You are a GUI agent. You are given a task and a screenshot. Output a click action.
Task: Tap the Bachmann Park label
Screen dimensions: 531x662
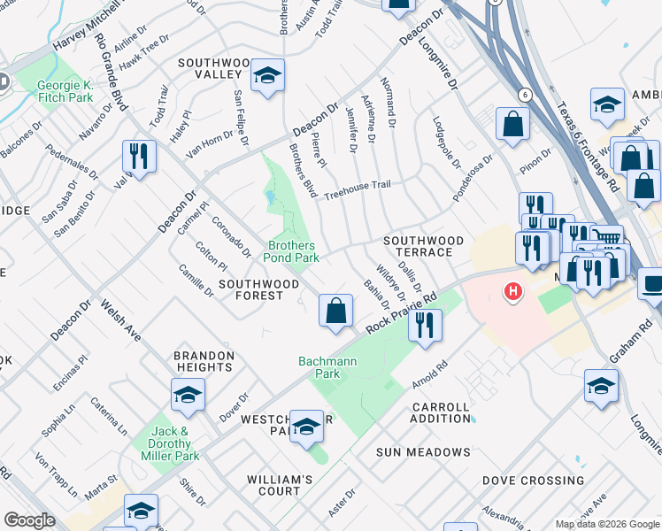click(x=319, y=367)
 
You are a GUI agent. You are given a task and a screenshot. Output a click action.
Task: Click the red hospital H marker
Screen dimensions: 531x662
click(x=512, y=291)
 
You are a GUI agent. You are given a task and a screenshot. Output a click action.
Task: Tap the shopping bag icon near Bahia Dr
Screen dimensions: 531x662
click(x=335, y=312)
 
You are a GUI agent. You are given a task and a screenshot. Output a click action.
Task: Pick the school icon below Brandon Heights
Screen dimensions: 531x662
click(x=188, y=395)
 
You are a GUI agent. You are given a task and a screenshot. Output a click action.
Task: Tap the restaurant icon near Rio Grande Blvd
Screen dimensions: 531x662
click(x=139, y=157)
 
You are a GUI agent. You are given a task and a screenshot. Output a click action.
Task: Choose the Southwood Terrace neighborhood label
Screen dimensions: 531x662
click(x=423, y=246)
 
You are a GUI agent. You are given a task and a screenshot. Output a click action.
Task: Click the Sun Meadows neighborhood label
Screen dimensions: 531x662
click(x=423, y=452)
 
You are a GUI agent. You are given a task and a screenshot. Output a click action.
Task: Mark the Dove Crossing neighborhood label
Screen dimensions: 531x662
click(x=533, y=481)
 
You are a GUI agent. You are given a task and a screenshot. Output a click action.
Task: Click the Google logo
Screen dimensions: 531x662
click(x=29, y=519)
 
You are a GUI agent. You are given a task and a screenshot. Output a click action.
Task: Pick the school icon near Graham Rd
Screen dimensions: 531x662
click(x=601, y=386)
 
